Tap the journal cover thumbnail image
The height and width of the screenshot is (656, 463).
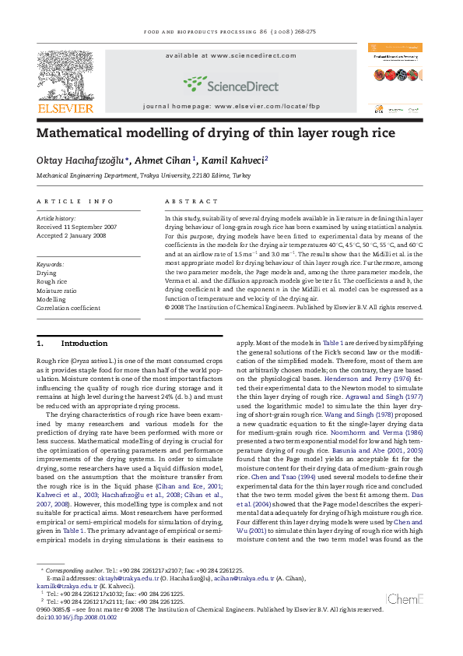[x=395, y=80]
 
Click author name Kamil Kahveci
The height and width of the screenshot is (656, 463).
[x=237, y=160]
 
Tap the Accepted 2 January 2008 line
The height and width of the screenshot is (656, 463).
[x=71, y=235]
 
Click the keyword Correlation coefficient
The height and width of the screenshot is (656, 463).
[x=68, y=308]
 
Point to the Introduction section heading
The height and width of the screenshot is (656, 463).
[x=84, y=344]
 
